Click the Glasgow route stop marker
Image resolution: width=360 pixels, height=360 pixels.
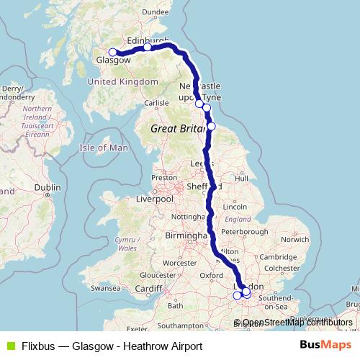pos(112,52)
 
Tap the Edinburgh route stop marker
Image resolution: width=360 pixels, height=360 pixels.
pos(147,48)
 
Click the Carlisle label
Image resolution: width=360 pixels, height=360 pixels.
pos(156,103)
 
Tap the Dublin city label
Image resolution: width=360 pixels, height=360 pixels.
pos(48,187)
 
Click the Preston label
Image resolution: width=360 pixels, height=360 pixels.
pos(164,177)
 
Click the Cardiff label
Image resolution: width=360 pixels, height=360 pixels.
pos(148,289)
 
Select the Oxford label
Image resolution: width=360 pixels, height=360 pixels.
pos(211,274)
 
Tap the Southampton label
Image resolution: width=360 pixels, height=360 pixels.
pos(185,325)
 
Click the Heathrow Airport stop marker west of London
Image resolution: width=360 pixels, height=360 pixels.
pos(238,295)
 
